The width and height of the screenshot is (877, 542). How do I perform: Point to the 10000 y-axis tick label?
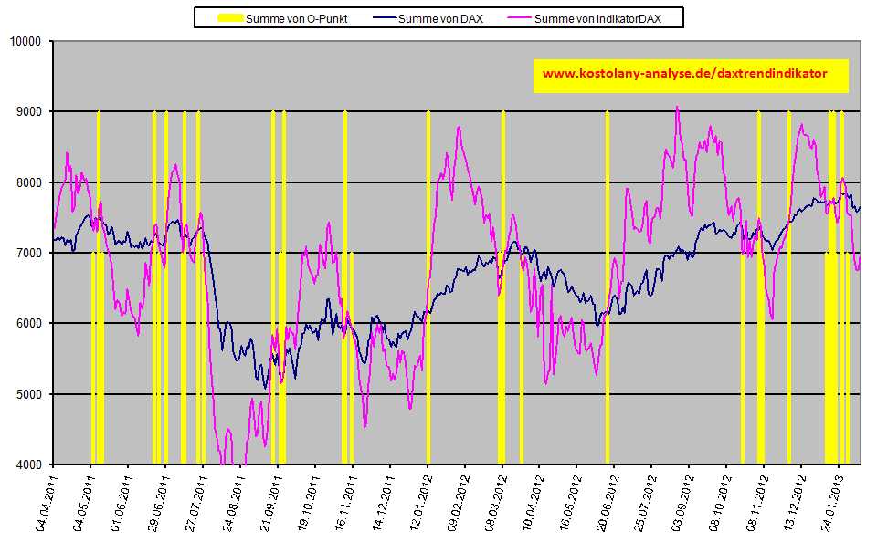[25, 41]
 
